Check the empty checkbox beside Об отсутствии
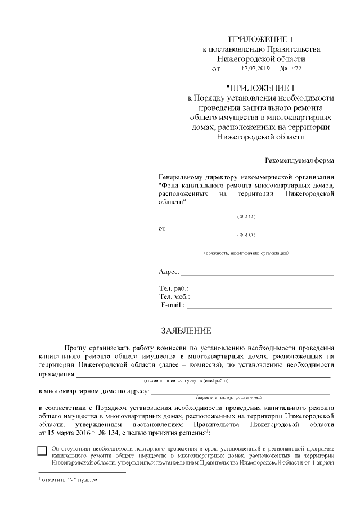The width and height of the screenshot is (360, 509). (x=42, y=450)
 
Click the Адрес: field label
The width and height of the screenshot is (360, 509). (x=169, y=272)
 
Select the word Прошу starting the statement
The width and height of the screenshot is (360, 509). (x=77, y=348)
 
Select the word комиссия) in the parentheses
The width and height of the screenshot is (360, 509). (x=198, y=365)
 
